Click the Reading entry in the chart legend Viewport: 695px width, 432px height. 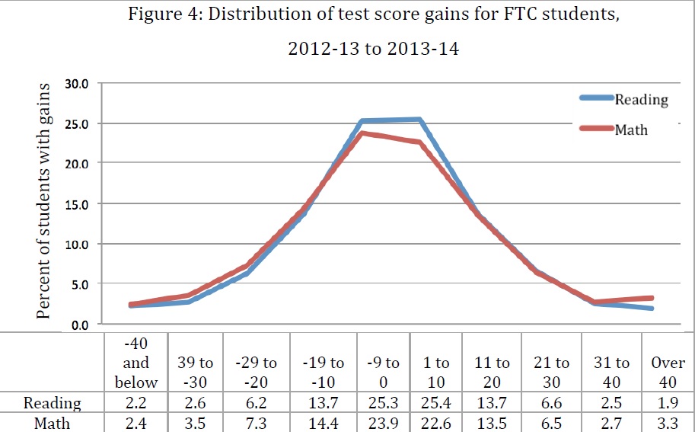pyautogui.click(x=641, y=100)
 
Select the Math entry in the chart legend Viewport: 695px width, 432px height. pyautogui.click(x=631, y=130)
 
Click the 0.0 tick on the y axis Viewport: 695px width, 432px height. pyautogui.click(x=79, y=325)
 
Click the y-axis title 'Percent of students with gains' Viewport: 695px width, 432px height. pyautogui.click(x=43, y=201)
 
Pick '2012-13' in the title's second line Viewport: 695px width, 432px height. pyautogui.click(x=317, y=50)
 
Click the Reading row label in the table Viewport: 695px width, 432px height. pyautogui.click(x=53, y=403)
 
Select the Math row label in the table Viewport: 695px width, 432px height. pyautogui.click(x=53, y=422)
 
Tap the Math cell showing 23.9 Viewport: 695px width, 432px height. pyautogui.click(x=383, y=422)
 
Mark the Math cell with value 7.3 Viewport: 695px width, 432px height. pyautogui.click(x=260, y=422)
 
